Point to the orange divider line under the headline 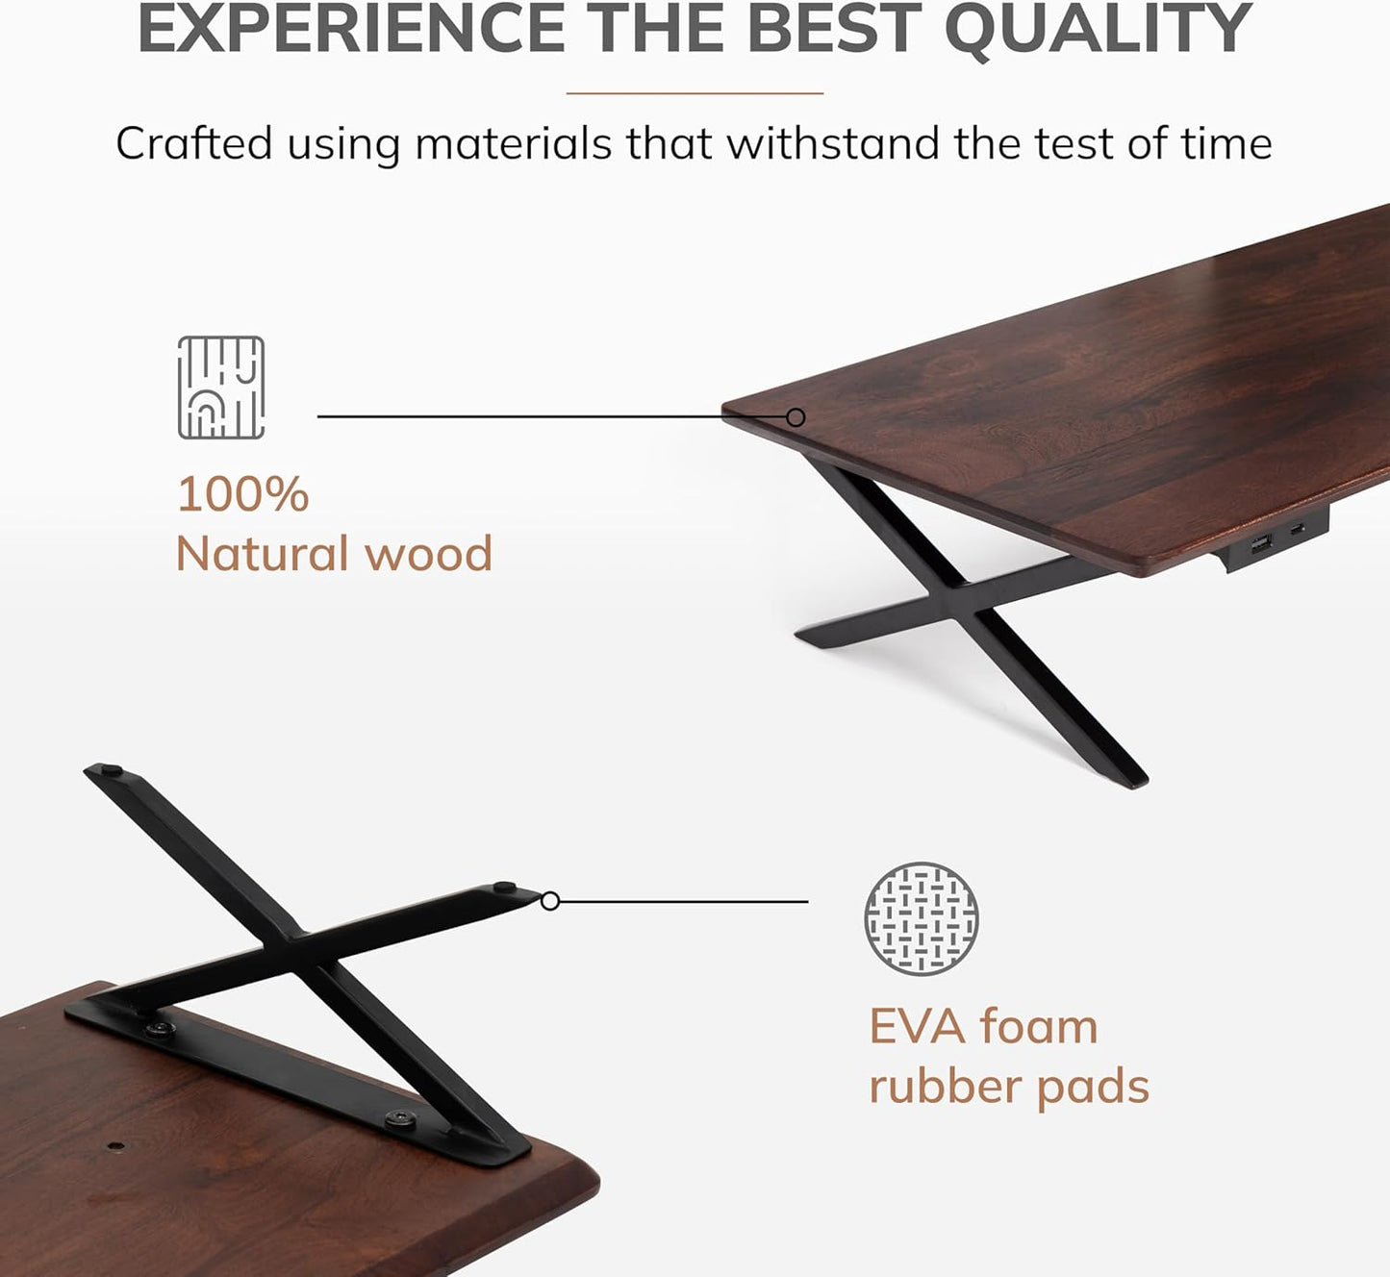(695, 93)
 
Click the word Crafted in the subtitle (194, 144)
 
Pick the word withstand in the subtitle (833, 144)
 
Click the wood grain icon (221, 388)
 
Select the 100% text (243, 494)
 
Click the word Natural (262, 555)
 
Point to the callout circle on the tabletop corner (796, 417)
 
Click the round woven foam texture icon (922, 919)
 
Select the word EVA (917, 1027)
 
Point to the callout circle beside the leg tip (550, 901)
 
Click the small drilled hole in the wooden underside (115, 1147)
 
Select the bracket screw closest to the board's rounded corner (397, 1119)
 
